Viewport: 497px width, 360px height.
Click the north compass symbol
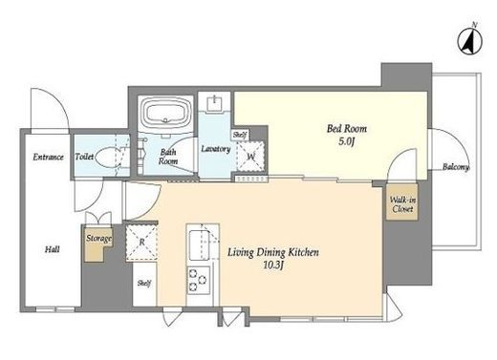[x=470, y=40]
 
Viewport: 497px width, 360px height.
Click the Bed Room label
[x=347, y=129]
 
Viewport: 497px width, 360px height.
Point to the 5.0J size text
[x=347, y=141]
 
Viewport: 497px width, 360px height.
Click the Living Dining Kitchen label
[x=272, y=253]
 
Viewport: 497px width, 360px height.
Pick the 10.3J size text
[x=273, y=265]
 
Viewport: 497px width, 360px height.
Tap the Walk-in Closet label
[x=402, y=204]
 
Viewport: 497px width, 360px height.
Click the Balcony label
[x=456, y=167]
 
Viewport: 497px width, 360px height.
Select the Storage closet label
[x=98, y=239]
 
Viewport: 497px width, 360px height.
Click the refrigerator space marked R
[x=142, y=243]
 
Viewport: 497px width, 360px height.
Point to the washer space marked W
[x=251, y=157]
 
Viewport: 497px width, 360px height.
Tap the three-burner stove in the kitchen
[x=199, y=280]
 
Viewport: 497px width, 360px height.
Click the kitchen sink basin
[x=199, y=245]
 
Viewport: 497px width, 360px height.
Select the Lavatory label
[x=216, y=149]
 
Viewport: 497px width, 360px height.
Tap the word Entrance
[x=49, y=157]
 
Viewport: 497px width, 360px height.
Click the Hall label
[x=52, y=249]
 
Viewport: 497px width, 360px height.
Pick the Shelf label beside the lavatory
[x=240, y=135]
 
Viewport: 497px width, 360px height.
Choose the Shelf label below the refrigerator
[x=144, y=283]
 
